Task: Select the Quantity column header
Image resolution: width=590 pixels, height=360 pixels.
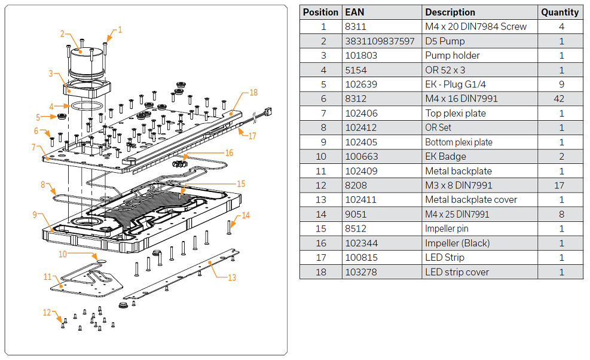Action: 560,12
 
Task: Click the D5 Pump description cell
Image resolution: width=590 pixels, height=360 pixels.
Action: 445,41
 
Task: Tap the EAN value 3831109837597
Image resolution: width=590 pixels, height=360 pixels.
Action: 380,41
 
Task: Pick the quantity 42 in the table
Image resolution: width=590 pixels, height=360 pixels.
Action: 561,99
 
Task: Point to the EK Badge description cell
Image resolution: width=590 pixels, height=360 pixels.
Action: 445,157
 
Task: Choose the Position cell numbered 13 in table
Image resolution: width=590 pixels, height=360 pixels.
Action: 323,200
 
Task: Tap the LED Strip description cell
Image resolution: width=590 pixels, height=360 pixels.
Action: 444,258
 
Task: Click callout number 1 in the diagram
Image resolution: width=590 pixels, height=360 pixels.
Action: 120,29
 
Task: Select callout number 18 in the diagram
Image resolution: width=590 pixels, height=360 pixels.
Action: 253,93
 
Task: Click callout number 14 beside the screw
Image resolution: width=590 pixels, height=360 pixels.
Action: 246,215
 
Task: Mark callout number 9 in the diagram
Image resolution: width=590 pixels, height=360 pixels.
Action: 35,214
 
